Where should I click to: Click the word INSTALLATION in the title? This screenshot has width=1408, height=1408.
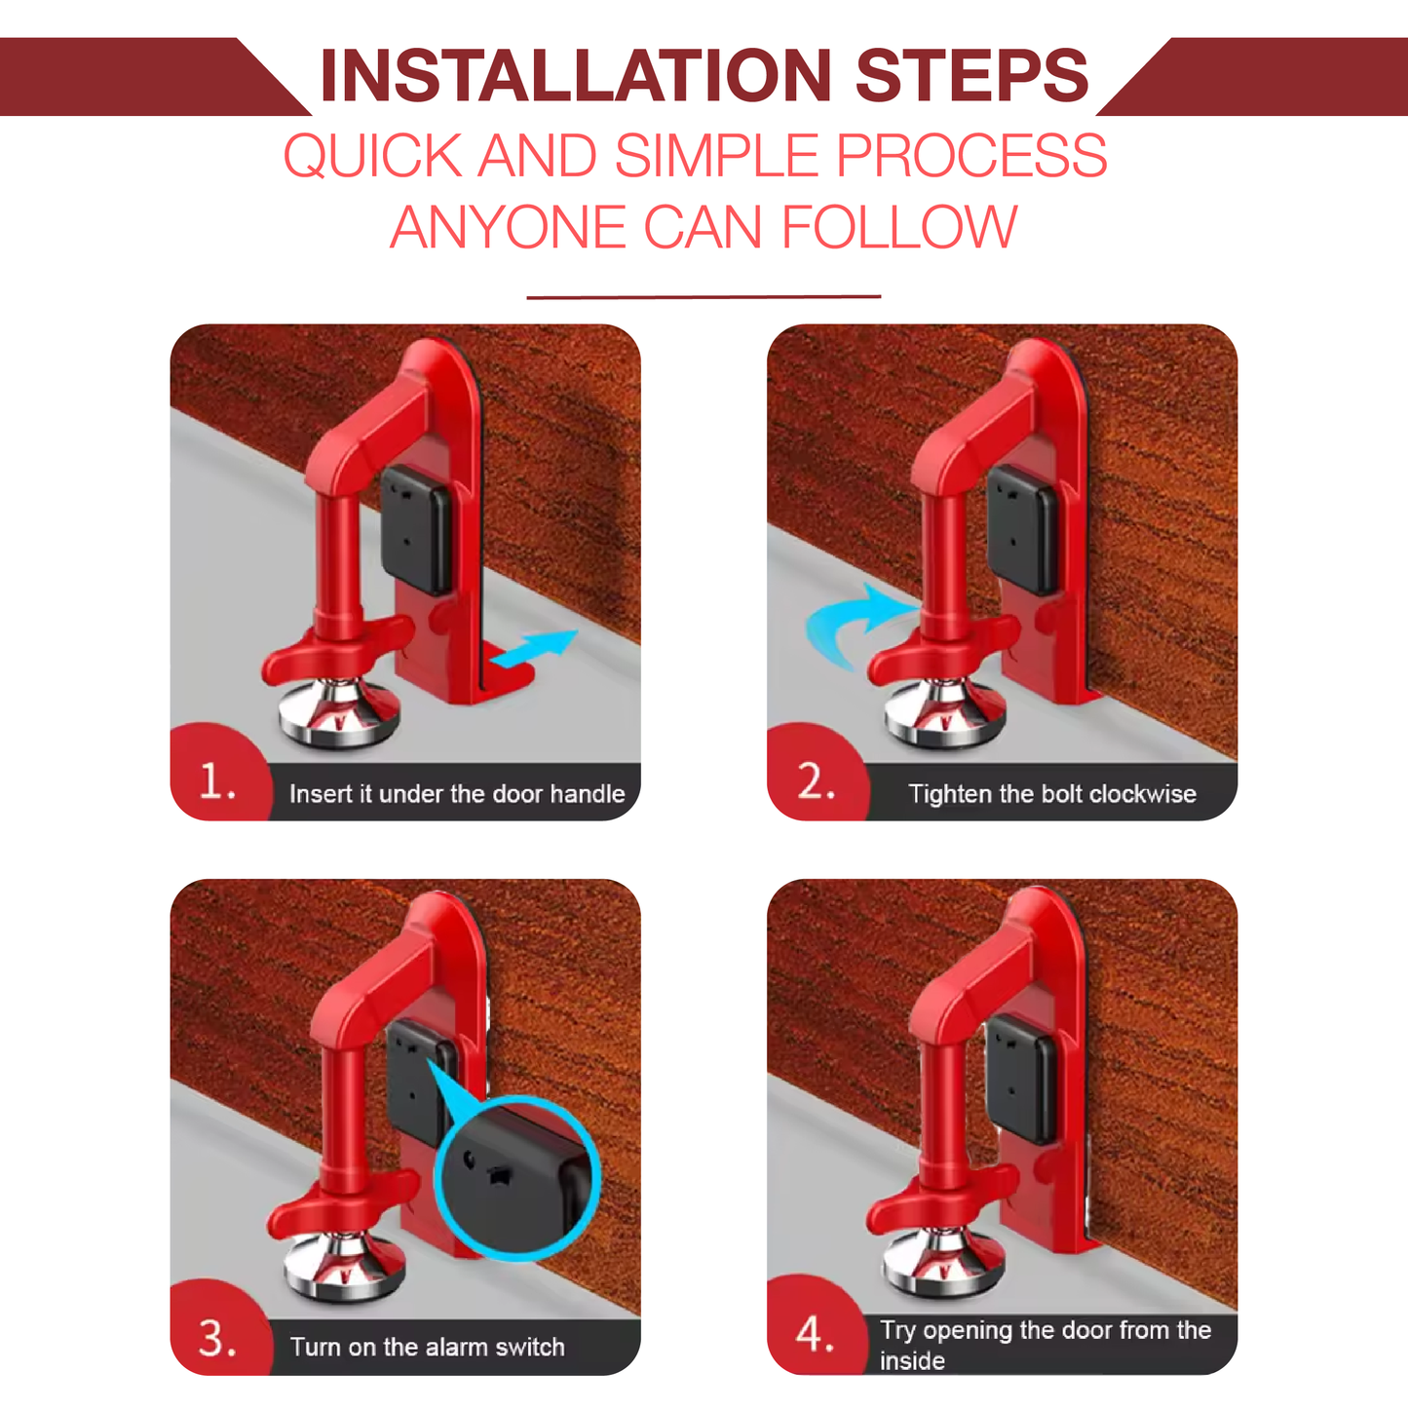(x=575, y=76)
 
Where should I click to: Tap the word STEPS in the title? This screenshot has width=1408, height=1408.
(x=971, y=76)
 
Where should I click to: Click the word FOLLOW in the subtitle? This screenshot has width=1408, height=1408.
(x=898, y=228)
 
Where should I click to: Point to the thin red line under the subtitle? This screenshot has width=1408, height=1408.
(x=704, y=296)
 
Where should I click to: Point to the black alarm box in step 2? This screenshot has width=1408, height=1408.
(x=1022, y=531)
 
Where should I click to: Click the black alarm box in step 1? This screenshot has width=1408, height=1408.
(x=416, y=531)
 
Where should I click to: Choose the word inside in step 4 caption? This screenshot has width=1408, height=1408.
(x=912, y=1361)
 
